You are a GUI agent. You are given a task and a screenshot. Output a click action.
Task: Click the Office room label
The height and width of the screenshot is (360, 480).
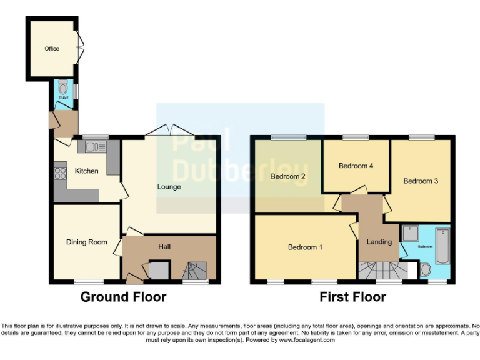coord(51,48)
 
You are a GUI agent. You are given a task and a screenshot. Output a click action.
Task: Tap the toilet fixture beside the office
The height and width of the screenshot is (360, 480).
coord(62,89)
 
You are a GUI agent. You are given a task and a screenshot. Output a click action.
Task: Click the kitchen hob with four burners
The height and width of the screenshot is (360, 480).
coord(61,171)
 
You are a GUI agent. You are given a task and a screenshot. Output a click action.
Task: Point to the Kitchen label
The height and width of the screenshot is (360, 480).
coord(86,171)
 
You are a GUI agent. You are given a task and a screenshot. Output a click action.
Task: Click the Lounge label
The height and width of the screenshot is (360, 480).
coord(169,186)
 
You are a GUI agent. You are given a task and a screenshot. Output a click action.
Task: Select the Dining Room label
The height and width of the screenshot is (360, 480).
coord(87,242)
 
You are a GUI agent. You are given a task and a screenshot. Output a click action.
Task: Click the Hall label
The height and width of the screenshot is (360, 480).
coord(164,247)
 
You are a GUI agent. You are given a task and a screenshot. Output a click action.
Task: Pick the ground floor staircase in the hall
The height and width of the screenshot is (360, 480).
coord(199,271)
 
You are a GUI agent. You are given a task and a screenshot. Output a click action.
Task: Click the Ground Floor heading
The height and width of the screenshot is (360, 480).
coord(123,297)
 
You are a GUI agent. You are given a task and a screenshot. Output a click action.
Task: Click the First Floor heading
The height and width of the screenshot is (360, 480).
coord(352,297)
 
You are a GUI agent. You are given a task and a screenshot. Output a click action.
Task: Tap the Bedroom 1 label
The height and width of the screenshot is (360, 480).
coord(305,247)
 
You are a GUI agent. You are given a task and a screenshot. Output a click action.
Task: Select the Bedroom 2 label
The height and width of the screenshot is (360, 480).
coord(287,176)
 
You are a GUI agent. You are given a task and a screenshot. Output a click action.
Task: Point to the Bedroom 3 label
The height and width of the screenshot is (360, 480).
coord(420,181)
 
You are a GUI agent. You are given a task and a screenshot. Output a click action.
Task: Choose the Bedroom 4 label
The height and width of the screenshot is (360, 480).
coord(356,166)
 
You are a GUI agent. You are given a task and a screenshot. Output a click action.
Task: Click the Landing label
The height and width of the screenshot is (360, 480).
coord(379,242)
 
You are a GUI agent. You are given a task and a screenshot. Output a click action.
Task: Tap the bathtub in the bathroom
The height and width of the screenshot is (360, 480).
coord(442,246)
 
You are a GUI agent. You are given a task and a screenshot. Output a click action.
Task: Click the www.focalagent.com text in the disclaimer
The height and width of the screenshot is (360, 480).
coord(306,341)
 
